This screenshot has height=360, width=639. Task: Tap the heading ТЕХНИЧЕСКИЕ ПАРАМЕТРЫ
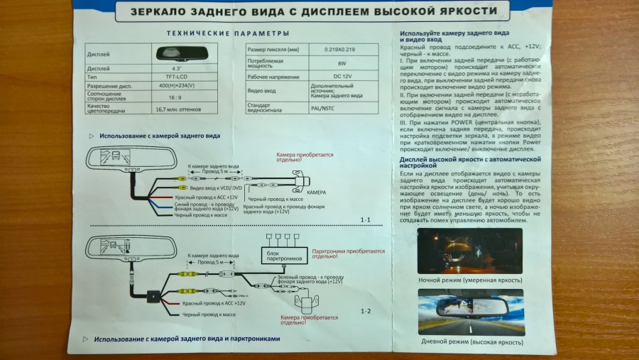[227, 33]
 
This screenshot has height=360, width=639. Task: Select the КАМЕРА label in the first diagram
[317, 193]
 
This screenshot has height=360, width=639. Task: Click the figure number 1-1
[366, 219]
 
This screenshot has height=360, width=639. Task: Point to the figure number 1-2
[366, 311]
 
